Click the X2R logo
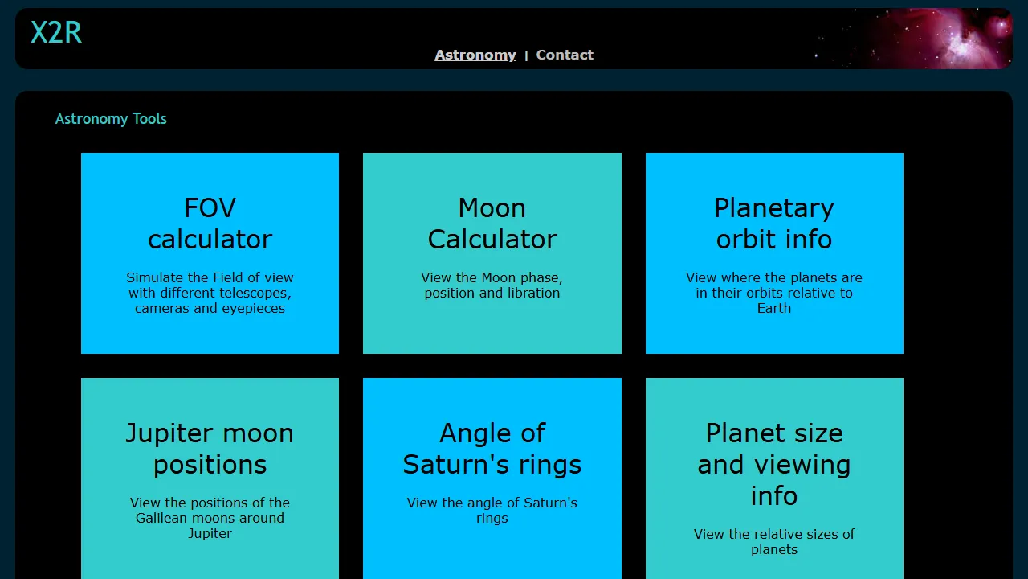pyautogui.click(x=56, y=33)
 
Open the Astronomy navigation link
pyautogui.click(x=475, y=55)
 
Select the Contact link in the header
pyautogui.click(x=565, y=55)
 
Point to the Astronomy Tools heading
pyautogui.click(x=111, y=119)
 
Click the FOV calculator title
pyautogui.click(x=210, y=224)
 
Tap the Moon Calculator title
pyautogui.click(x=492, y=224)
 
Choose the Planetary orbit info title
pyautogui.click(x=774, y=224)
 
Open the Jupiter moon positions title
pyautogui.click(x=210, y=449)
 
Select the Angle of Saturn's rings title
pyautogui.click(x=492, y=449)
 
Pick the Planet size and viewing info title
pyautogui.click(x=774, y=464)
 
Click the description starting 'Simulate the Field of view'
pyautogui.click(x=210, y=293)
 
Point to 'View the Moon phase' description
pyautogui.click(x=492, y=285)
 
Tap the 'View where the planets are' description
pyautogui.click(x=774, y=293)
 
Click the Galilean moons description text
pyautogui.click(x=210, y=518)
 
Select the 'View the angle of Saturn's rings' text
pyautogui.click(x=492, y=511)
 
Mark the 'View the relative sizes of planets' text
pyautogui.click(x=774, y=542)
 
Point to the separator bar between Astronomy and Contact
pyautogui.click(x=526, y=55)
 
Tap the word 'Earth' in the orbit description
pyautogui.click(x=774, y=308)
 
